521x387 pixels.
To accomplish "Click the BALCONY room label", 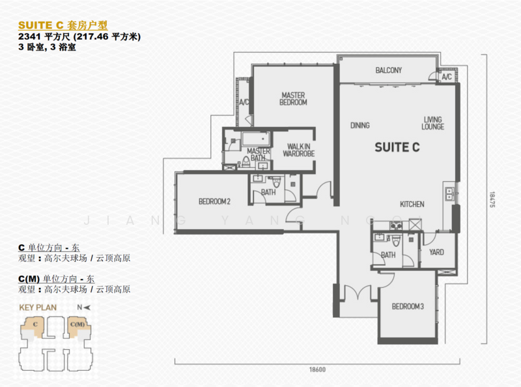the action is pos(388,70).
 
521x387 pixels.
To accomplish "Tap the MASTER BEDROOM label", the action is pos(293,99).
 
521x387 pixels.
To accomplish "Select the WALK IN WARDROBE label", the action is pos(299,150).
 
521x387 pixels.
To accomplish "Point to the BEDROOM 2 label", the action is pos(214,201).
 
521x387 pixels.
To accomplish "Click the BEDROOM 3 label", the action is pos(408,306).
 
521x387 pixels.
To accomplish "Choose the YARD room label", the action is pos(436,252).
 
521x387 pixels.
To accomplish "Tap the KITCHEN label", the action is pos(412,204).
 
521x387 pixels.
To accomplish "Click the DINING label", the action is pos(360,125).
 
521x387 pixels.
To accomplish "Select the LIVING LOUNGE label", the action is pos(432,123).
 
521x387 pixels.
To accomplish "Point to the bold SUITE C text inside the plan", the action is pos(397,147).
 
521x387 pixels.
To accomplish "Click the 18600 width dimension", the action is pos(317,369).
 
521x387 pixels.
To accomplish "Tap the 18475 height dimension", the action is pos(492,199).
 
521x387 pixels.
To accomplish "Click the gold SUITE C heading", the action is pos(40,25).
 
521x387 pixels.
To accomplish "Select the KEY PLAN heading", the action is pos(38,308).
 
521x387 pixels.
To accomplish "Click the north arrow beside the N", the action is pos(87,308).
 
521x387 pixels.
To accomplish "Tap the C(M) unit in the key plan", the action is pos(77,325).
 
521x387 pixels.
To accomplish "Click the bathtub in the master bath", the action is pos(256,139).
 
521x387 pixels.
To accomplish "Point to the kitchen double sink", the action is pos(449,193).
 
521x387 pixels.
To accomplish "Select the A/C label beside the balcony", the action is pos(447,77).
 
